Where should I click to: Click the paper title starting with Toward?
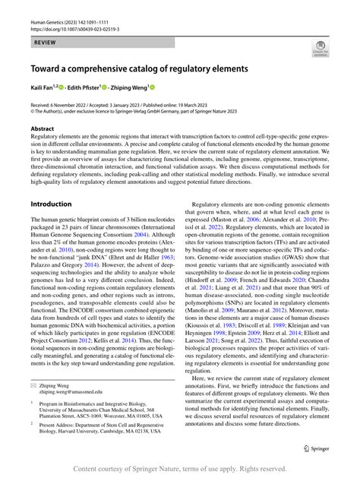[139, 68]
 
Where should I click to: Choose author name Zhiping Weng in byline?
[127, 89]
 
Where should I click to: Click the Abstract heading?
[43, 129]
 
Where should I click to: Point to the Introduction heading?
[51, 204]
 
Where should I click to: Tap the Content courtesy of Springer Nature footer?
[180, 468]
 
